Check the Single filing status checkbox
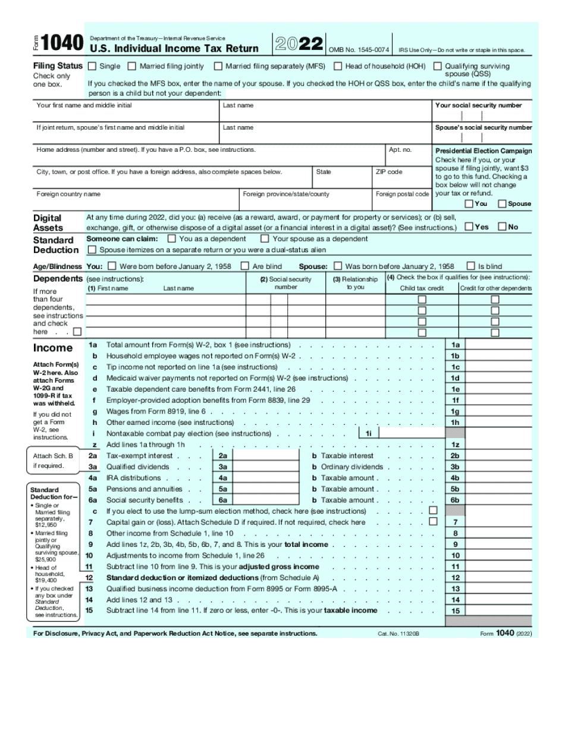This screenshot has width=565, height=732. (92, 67)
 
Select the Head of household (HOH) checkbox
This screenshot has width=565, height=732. (338, 67)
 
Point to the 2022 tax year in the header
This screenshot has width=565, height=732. (299, 43)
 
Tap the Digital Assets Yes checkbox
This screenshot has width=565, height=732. (469, 227)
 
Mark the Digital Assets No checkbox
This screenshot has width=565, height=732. (502, 227)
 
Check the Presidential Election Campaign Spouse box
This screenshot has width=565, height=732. (502, 204)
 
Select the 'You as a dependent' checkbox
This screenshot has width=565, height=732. (172, 239)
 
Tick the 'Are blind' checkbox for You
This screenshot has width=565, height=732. (244, 266)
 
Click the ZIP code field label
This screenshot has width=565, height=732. (389, 172)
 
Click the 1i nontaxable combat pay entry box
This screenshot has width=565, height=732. (411, 433)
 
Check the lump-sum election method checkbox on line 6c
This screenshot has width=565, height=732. (433, 511)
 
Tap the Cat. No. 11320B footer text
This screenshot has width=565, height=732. (398, 634)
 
